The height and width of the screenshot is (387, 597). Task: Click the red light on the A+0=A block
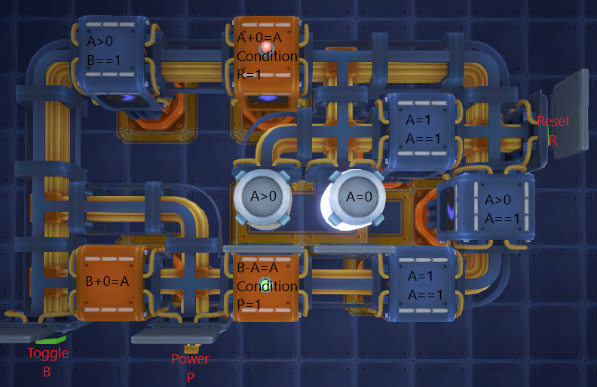[266, 48]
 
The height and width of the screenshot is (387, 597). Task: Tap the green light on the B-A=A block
[266, 285]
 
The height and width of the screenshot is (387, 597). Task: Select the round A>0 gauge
[263, 197]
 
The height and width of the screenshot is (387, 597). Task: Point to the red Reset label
[553, 121]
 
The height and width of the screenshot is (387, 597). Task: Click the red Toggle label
[48, 353]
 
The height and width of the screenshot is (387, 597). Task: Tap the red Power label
[190, 359]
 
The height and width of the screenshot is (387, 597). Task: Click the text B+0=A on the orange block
[107, 281]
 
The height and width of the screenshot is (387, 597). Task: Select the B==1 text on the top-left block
[103, 60]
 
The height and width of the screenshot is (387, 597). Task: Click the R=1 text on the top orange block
[249, 75]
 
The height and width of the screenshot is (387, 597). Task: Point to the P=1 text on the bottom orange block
[249, 304]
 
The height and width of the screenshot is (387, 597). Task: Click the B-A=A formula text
[258, 268]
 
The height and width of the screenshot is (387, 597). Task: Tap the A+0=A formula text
[259, 38]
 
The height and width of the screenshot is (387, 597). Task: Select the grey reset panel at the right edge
[570, 113]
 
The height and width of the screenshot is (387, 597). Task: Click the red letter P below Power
[191, 377]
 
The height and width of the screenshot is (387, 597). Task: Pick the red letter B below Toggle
[47, 372]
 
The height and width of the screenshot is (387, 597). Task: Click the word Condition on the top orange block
[267, 57]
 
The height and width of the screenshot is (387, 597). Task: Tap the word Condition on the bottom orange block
[267, 287]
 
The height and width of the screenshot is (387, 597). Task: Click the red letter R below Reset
[553, 140]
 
